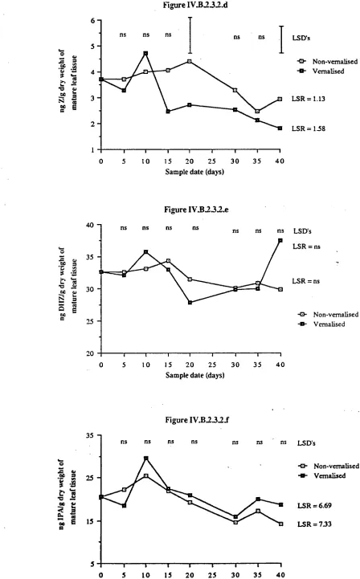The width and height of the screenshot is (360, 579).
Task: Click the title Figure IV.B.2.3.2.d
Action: [x=195, y=5]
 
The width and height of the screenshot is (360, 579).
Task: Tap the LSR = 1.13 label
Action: [x=309, y=99]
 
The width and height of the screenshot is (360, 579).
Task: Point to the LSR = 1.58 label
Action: [x=309, y=128]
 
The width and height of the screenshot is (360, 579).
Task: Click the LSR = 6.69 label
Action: [x=314, y=505]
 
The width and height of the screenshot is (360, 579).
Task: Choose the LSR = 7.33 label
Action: [x=314, y=524]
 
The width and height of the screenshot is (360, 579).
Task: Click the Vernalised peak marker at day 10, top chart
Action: [x=145, y=53]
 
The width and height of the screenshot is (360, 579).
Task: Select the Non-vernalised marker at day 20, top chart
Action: [x=190, y=61]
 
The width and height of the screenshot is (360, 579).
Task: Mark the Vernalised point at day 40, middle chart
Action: [x=280, y=240]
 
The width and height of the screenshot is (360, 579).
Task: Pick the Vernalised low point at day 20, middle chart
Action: [x=190, y=303]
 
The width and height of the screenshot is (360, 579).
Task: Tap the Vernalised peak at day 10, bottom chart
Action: [x=146, y=458]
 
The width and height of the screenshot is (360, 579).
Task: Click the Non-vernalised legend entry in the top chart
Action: [x=328, y=62]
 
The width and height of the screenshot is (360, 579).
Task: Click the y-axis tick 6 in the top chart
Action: [x=92, y=20]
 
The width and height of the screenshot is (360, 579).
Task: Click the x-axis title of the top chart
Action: [x=194, y=171]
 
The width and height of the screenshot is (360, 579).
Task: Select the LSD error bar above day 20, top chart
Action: [x=190, y=35]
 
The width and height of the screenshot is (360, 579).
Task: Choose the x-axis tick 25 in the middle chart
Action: [x=212, y=365]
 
